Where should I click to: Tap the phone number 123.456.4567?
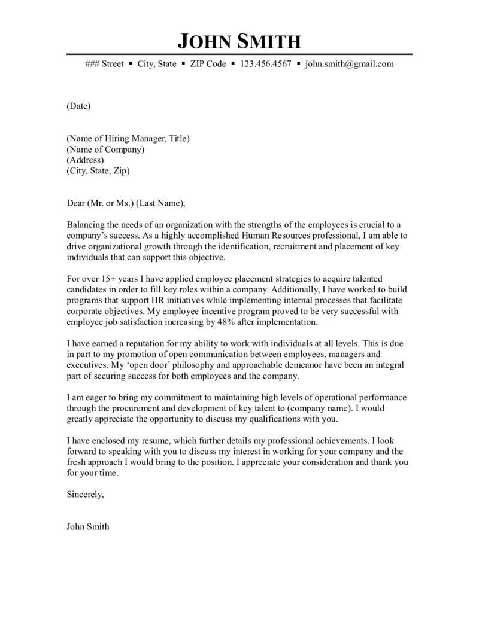265,63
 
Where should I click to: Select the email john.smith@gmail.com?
349,63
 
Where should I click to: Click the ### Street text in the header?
105,63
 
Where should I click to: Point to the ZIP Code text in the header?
208,63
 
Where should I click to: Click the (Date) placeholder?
78,106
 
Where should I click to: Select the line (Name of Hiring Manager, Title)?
128,139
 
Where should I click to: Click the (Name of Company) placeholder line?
105,150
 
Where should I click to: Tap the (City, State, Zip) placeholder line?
98,171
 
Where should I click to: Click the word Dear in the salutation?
76,203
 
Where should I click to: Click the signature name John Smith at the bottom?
88,527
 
